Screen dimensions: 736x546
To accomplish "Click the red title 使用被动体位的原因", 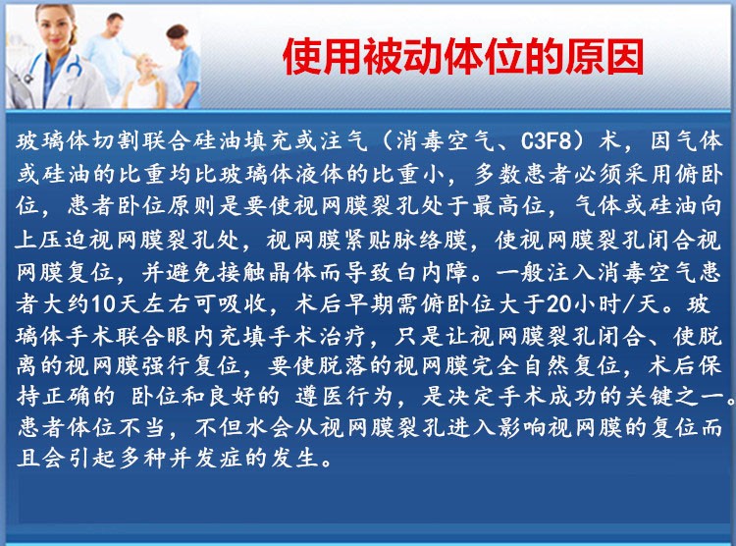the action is pos(463,57).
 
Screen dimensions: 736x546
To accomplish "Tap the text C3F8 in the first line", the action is pos(547,141).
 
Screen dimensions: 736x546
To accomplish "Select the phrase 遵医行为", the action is pos(343,396).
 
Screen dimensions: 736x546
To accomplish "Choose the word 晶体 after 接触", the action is pos(293,272).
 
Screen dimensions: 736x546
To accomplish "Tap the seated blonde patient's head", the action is pos(146,66).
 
